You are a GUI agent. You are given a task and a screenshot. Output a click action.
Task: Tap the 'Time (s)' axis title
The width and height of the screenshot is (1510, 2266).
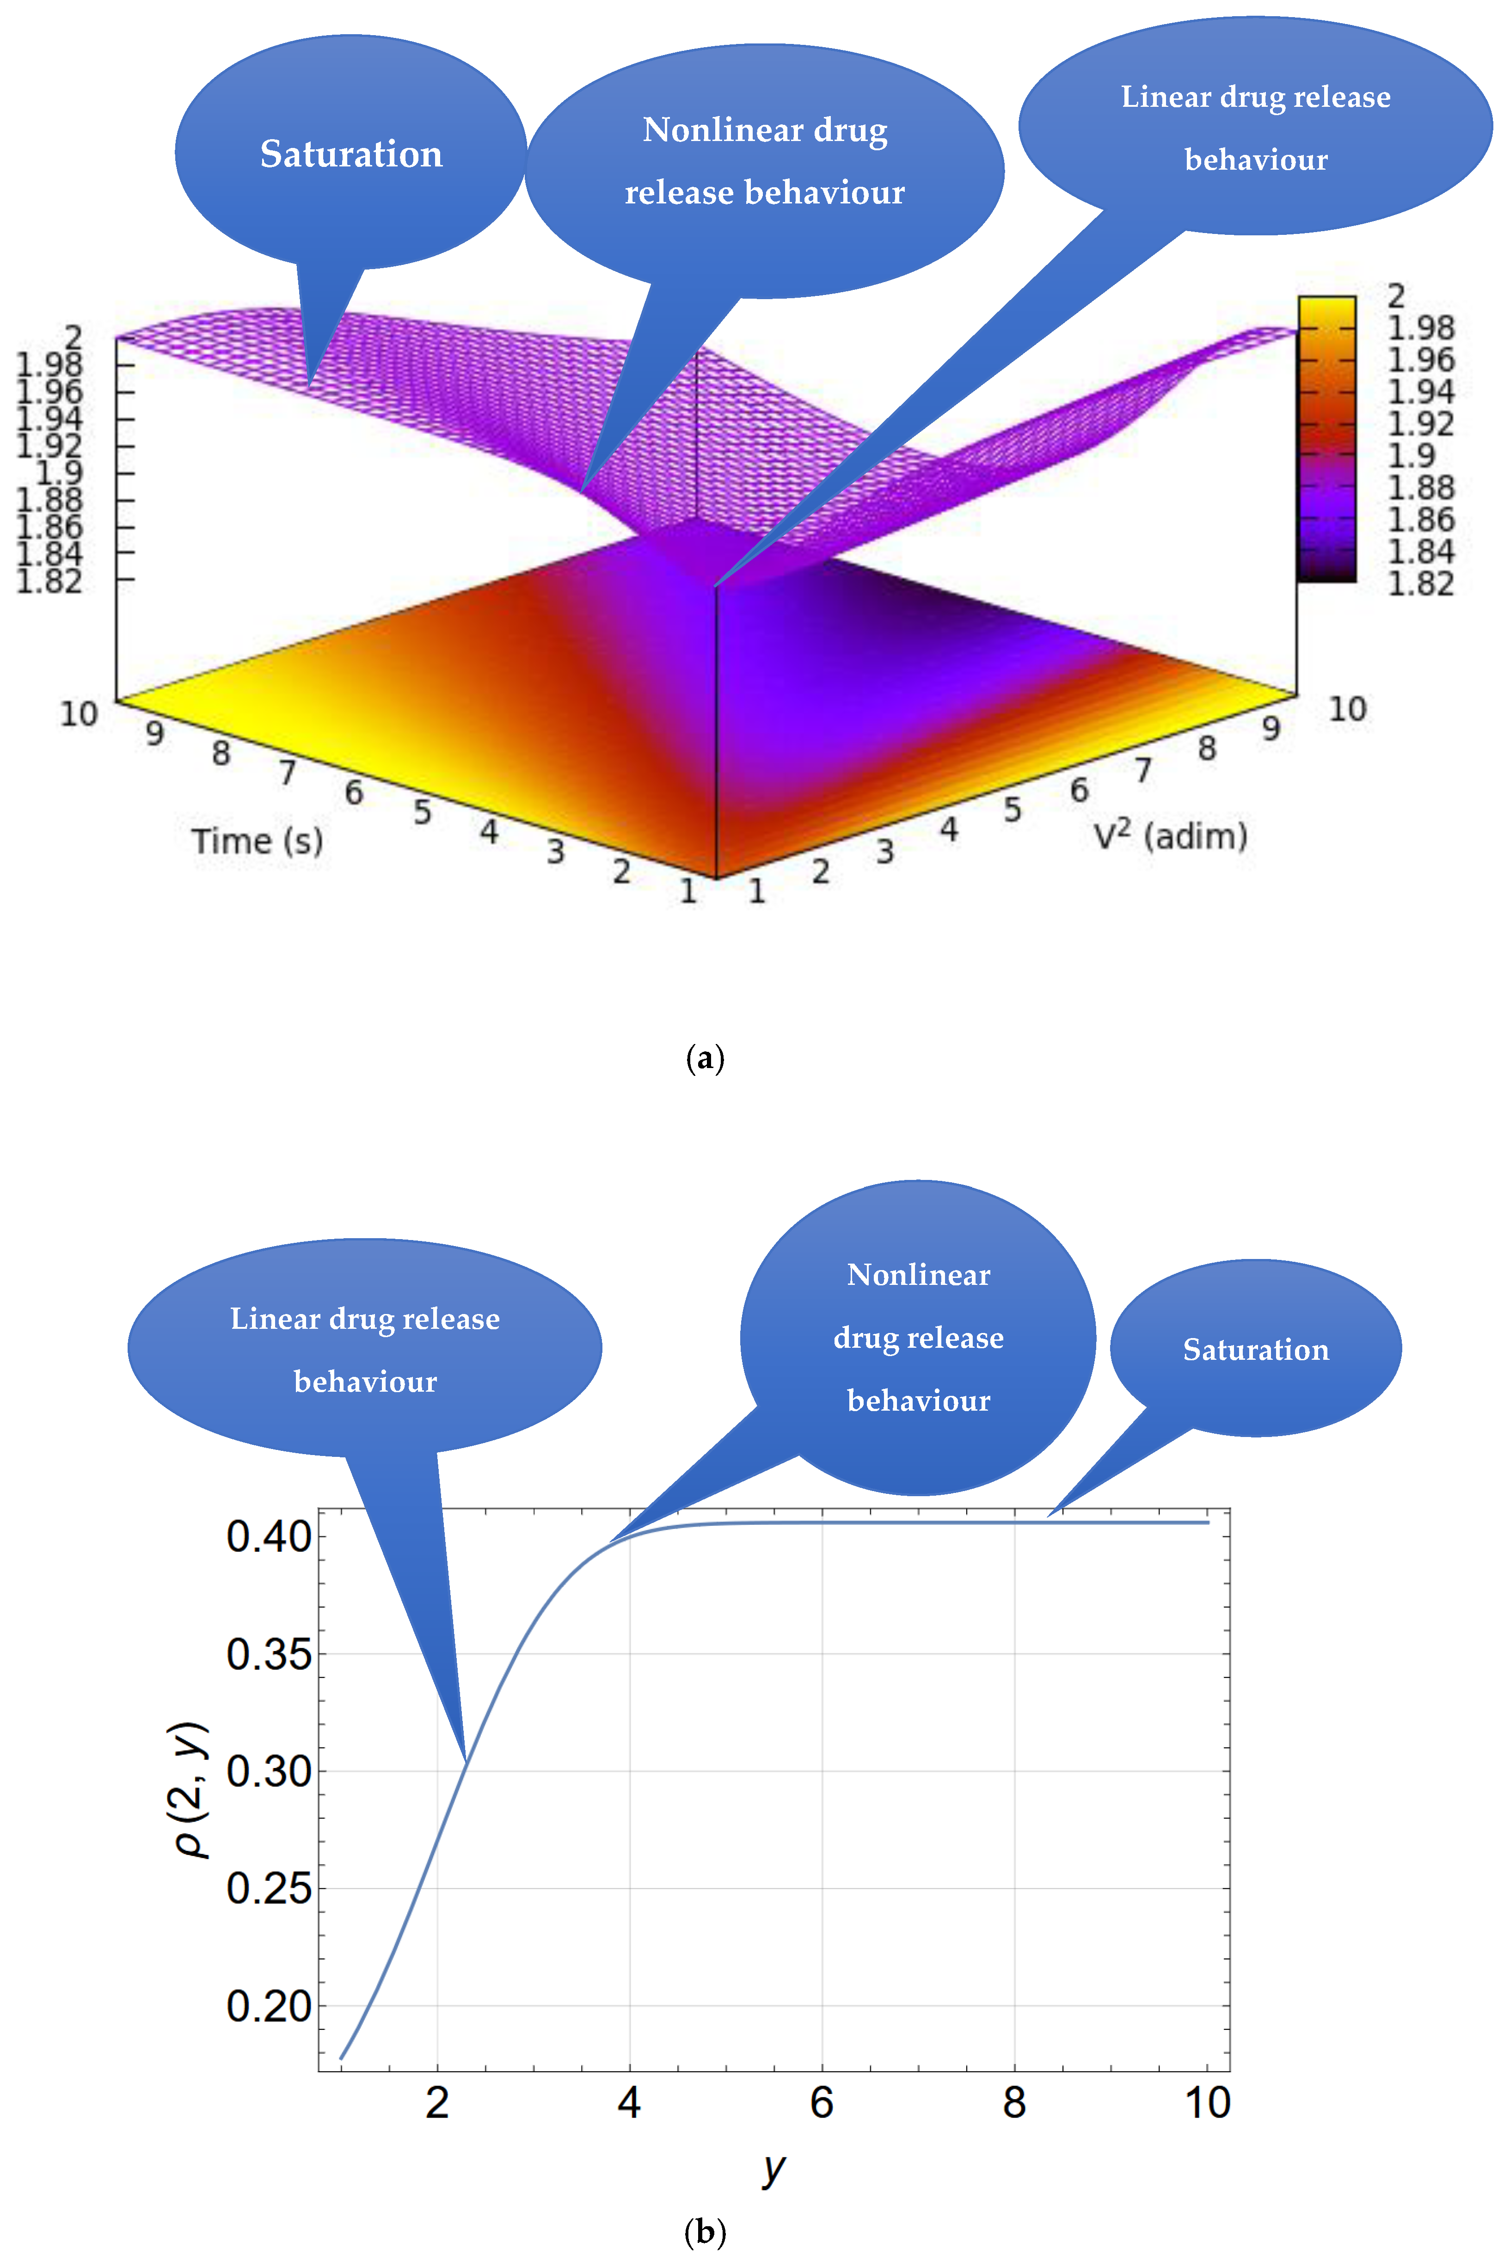(257, 841)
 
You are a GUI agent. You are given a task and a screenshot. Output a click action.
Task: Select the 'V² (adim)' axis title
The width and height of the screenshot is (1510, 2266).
(1170, 835)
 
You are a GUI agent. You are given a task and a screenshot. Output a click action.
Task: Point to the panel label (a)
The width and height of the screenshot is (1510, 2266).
(705, 1058)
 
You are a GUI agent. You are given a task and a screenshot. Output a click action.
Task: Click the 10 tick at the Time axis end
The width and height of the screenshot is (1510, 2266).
(79, 713)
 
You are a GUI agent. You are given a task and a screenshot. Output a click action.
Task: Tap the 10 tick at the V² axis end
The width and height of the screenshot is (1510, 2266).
(1347, 709)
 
